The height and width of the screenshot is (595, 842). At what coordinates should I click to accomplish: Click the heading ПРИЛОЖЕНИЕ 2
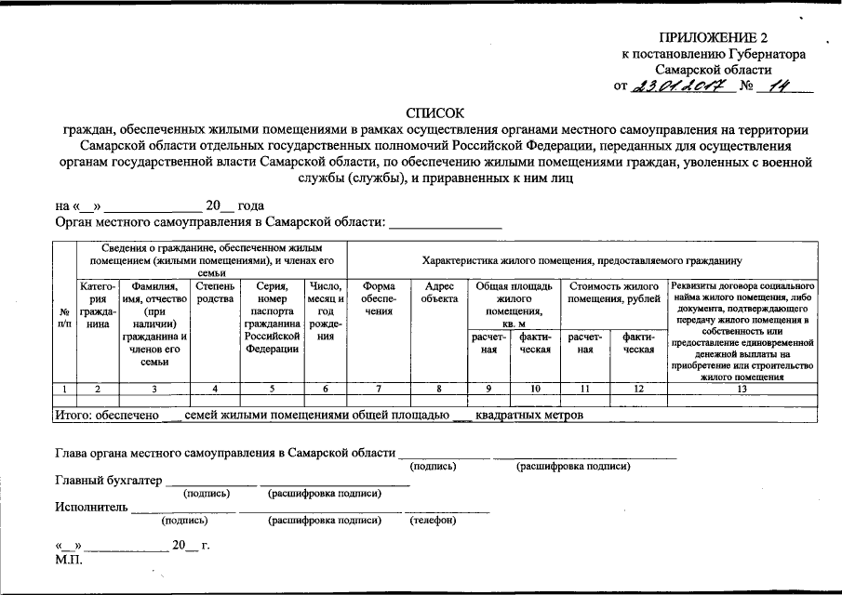click(714, 38)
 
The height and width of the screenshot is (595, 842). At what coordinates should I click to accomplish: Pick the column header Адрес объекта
click(439, 293)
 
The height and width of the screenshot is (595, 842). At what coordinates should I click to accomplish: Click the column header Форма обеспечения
click(379, 298)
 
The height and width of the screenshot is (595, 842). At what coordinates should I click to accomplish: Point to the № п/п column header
click(63, 318)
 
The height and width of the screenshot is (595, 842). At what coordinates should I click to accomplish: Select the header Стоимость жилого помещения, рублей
click(613, 293)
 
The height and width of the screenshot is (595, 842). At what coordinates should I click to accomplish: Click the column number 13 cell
click(742, 388)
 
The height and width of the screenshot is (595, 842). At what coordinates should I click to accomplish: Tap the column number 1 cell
click(64, 388)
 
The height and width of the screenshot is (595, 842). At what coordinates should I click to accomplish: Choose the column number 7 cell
click(379, 388)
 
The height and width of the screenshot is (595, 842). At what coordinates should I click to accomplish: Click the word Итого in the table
click(78, 415)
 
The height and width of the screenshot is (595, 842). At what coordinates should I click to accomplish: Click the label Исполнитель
click(91, 508)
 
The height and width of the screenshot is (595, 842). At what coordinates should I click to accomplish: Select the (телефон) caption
click(433, 521)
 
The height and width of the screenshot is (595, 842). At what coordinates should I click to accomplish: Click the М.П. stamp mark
click(69, 561)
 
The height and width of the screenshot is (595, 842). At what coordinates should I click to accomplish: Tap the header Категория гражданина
click(98, 305)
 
